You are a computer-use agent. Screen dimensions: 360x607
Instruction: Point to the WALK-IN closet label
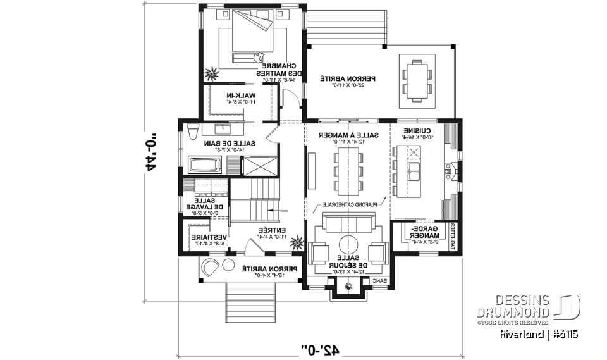(243, 97)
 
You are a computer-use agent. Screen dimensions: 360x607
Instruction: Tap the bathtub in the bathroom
(207, 166)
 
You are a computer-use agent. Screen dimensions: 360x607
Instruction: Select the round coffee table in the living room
(348, 245)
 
